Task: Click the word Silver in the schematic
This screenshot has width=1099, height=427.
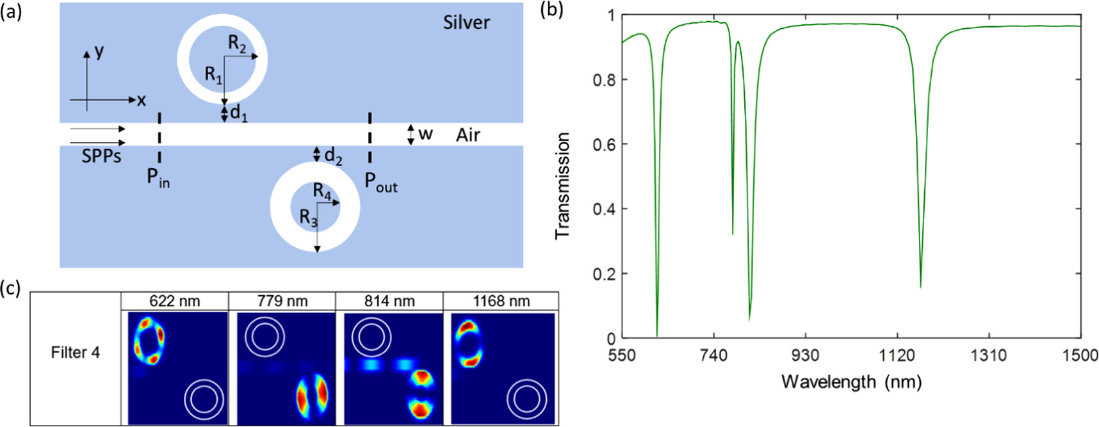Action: [466, 22]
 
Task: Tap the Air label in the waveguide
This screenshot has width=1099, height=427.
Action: [468, 135]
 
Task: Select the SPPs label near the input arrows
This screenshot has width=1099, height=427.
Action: [101, 156]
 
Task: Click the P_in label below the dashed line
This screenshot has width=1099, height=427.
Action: [158, 177]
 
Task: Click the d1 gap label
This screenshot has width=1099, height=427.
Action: [238, 113]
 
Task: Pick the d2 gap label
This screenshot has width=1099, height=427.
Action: [332, 156]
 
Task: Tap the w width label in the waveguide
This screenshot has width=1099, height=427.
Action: [425, 134]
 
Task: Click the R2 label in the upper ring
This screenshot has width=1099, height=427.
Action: [237, 44]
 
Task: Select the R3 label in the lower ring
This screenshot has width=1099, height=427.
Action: [308, 218]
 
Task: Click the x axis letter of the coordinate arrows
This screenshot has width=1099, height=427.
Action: [141, 100]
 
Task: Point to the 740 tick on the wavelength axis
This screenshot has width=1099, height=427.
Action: [713, 355]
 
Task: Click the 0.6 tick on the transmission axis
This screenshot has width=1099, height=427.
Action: [601, 145]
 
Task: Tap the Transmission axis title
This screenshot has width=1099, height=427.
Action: [562, 186]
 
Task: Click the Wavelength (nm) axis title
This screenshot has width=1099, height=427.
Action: [851, 382]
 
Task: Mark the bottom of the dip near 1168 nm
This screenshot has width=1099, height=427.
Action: [920, 287]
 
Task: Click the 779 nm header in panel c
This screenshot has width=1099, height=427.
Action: [282, 301]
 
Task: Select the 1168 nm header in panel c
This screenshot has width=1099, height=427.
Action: [501, 301]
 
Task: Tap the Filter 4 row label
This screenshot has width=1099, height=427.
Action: [76, 353]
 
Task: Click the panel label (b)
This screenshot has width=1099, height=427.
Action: [551, 10]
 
